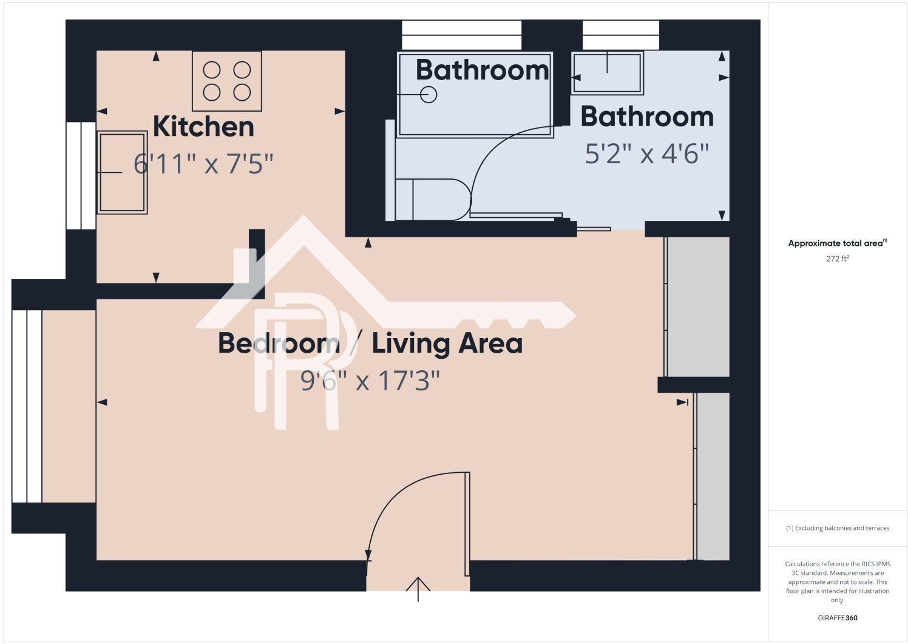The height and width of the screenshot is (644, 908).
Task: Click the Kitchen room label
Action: coord(203,127)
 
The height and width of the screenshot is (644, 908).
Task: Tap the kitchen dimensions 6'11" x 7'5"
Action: coord(203,164)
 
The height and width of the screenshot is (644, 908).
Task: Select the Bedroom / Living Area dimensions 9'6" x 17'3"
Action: coord(370,381)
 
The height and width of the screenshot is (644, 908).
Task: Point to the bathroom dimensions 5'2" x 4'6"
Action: coord(647,154)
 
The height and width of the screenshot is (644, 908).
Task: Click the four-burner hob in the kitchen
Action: coord(227,81)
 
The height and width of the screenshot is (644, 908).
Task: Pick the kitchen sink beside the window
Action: coord(122,172)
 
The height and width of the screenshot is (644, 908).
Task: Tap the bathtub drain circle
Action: coord(429,95)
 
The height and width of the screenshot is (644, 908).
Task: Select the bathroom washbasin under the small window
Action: coord(607,73)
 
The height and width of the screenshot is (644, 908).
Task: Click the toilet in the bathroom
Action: coord(433,199)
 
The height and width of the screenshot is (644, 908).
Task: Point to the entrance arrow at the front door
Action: coord(418,588)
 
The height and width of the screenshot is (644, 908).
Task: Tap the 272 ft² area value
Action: coord(838,259)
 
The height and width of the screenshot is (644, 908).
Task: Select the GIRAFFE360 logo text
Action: coord(838,618)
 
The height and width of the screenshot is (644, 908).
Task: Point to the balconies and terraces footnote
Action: coord(838,528)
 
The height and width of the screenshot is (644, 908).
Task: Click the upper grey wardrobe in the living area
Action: coord(699,307)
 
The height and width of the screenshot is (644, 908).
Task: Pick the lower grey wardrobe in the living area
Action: coord(713,476)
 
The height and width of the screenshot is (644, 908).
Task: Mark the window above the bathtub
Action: coord(462,35)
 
